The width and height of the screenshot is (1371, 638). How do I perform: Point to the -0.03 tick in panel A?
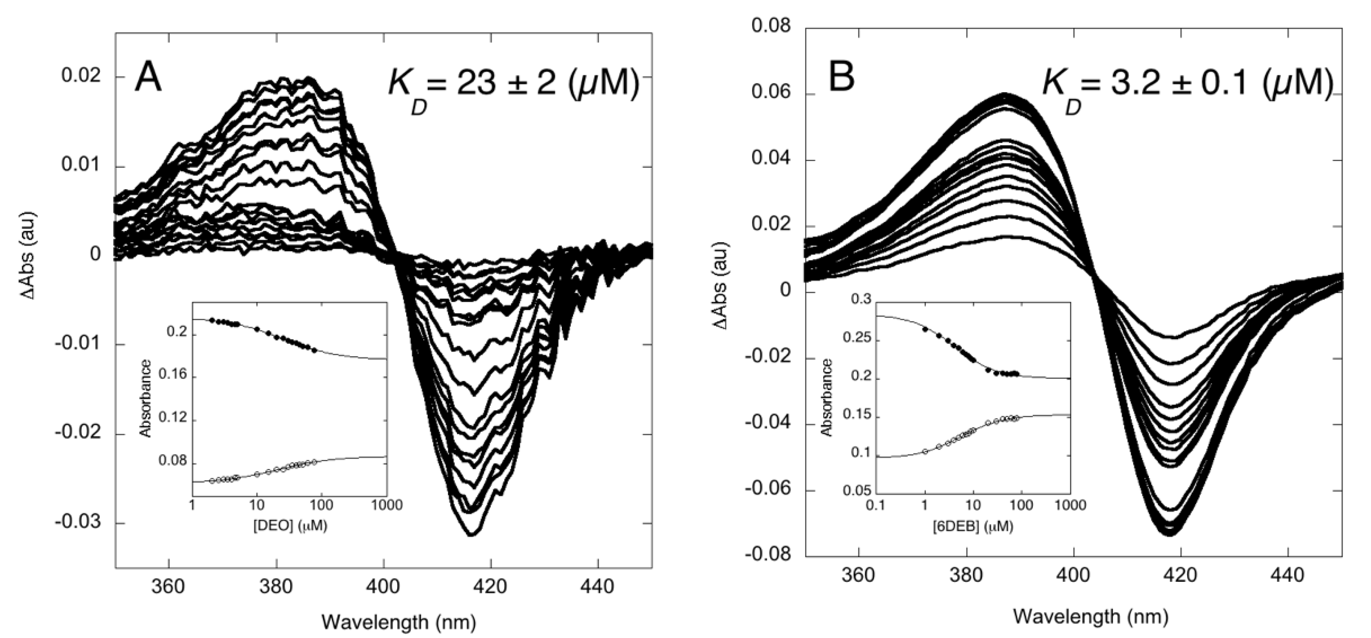[78, 522]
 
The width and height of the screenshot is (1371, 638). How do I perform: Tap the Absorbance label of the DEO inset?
[146, 398]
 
